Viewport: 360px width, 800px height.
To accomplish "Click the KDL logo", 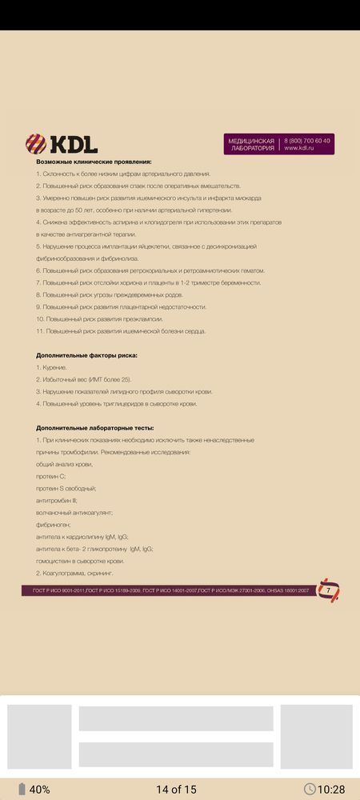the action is (62, 144).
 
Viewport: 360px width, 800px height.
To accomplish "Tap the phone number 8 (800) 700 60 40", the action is (306, 140).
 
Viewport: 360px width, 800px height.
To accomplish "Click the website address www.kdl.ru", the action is (301, 148).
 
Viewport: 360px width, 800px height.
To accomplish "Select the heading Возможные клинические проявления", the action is (94, 162).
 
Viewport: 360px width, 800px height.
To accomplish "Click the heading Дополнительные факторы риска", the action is (86, 354).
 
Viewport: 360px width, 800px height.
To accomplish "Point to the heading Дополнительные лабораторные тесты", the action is (94, 428).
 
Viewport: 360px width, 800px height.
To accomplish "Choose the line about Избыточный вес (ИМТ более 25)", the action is (84, 379).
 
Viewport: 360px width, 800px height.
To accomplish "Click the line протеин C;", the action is (50, 476).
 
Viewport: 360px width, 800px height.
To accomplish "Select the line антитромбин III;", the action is (57, 500).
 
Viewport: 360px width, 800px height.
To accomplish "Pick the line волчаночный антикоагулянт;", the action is (74, 512).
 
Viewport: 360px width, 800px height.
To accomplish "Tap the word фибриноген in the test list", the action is (54, 524).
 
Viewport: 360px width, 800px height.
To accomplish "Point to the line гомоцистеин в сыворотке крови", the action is (80, 561).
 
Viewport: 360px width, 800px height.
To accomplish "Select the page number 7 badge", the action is (328, 590).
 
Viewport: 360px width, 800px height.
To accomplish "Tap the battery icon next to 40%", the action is (22, 790).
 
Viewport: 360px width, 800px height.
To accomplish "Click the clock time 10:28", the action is (330, 790).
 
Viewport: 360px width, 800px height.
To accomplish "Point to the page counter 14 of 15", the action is (176, 790).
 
